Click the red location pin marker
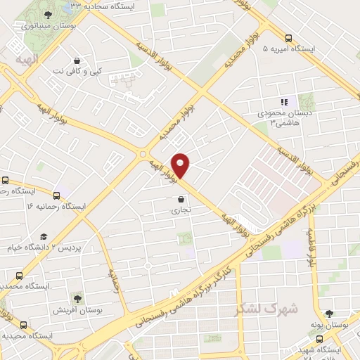[181, 165]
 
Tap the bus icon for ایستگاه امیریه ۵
[289, 38]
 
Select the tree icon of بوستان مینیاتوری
[47, 14]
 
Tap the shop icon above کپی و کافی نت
[77, 60]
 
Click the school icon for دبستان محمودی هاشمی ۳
[285, 102]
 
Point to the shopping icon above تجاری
[181, 199]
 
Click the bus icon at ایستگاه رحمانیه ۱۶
[57, 195]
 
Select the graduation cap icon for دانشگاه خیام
[44, 236]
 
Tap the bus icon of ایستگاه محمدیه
[19, 276]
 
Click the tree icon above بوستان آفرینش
[76, 297]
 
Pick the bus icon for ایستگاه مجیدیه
[23, 325]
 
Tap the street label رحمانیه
[112, 279]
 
